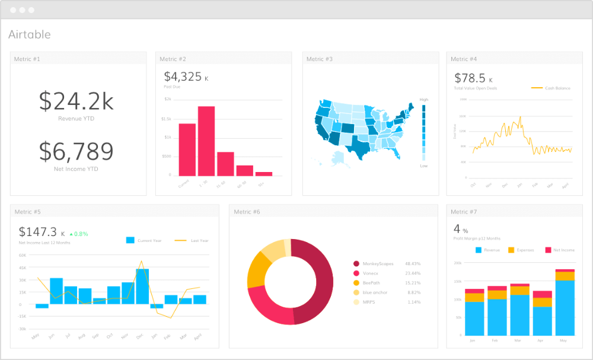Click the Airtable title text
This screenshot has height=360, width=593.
30,34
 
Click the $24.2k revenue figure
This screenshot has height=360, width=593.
76,101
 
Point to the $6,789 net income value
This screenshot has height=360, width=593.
76,151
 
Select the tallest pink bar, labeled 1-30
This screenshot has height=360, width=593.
206,141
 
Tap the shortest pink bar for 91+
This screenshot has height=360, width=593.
263,174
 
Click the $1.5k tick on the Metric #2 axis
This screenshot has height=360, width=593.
167,119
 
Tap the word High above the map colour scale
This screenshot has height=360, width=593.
423,100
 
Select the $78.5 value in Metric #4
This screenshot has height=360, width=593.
470,78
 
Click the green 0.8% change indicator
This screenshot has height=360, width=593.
79,234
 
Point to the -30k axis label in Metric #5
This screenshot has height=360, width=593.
23,329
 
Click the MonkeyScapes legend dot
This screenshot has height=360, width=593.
356,263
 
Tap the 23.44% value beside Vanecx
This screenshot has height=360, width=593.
413,273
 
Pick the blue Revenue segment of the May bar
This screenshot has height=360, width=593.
565,307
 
